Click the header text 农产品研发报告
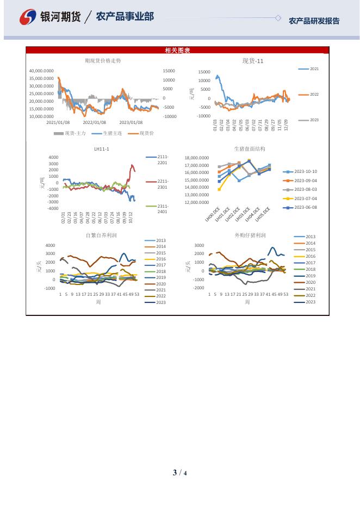[x=314, y=21]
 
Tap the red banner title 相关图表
[x=177, y=51]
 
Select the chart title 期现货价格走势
[x=103, y=61]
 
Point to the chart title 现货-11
[x=253, y=61]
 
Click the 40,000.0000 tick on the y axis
[x=41, y=71]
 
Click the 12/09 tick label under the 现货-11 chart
[x=286, y=125]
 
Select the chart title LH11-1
[x=102, y=149]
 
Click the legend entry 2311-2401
[x=163, y=209]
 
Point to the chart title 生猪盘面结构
[x=250, y=148]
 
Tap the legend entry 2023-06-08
[x=306, y=207]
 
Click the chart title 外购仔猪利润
[x=250, y=235]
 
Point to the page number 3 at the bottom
[x=175, y=473]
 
